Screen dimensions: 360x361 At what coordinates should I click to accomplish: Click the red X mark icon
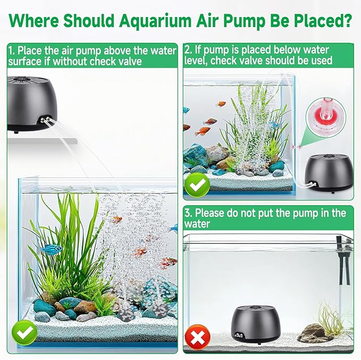[197, 337]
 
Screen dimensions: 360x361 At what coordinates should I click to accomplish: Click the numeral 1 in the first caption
[11, 51]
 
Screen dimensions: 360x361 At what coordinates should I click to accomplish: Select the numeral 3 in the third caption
[188, 213]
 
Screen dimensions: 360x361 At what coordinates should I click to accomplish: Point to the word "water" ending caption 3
[198, 224]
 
